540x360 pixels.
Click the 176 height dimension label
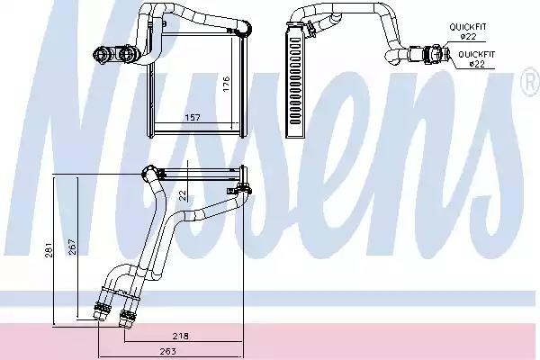pos(226,84)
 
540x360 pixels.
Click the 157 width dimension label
pos(193,118)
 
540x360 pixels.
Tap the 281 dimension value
pos(49,250)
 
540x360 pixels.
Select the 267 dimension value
pos(72,247)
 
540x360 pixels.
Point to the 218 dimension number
pos(181,336)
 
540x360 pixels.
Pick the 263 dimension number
pos(167,351)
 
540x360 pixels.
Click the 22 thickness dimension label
pos(183,195)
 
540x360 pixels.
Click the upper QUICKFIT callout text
pos(468,26)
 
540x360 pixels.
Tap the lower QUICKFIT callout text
pos(477,54)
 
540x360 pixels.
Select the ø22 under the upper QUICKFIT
pos(468,36)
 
